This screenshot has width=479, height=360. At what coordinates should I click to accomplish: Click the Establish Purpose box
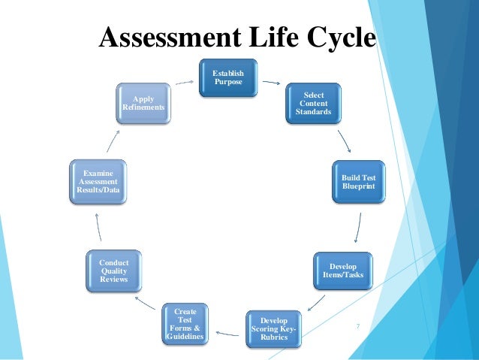click(x=228, y=77)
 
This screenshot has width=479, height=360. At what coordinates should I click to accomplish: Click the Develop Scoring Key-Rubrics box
click(x=273, y=328)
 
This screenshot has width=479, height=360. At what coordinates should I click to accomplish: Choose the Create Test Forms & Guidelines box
click(x=185, y=323)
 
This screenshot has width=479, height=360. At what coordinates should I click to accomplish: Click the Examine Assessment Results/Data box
click(x=97, y=181)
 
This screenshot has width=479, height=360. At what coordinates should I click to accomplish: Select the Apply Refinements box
click(x=143, y=103)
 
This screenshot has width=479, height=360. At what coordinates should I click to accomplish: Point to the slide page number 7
click(x=358, y=326)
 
